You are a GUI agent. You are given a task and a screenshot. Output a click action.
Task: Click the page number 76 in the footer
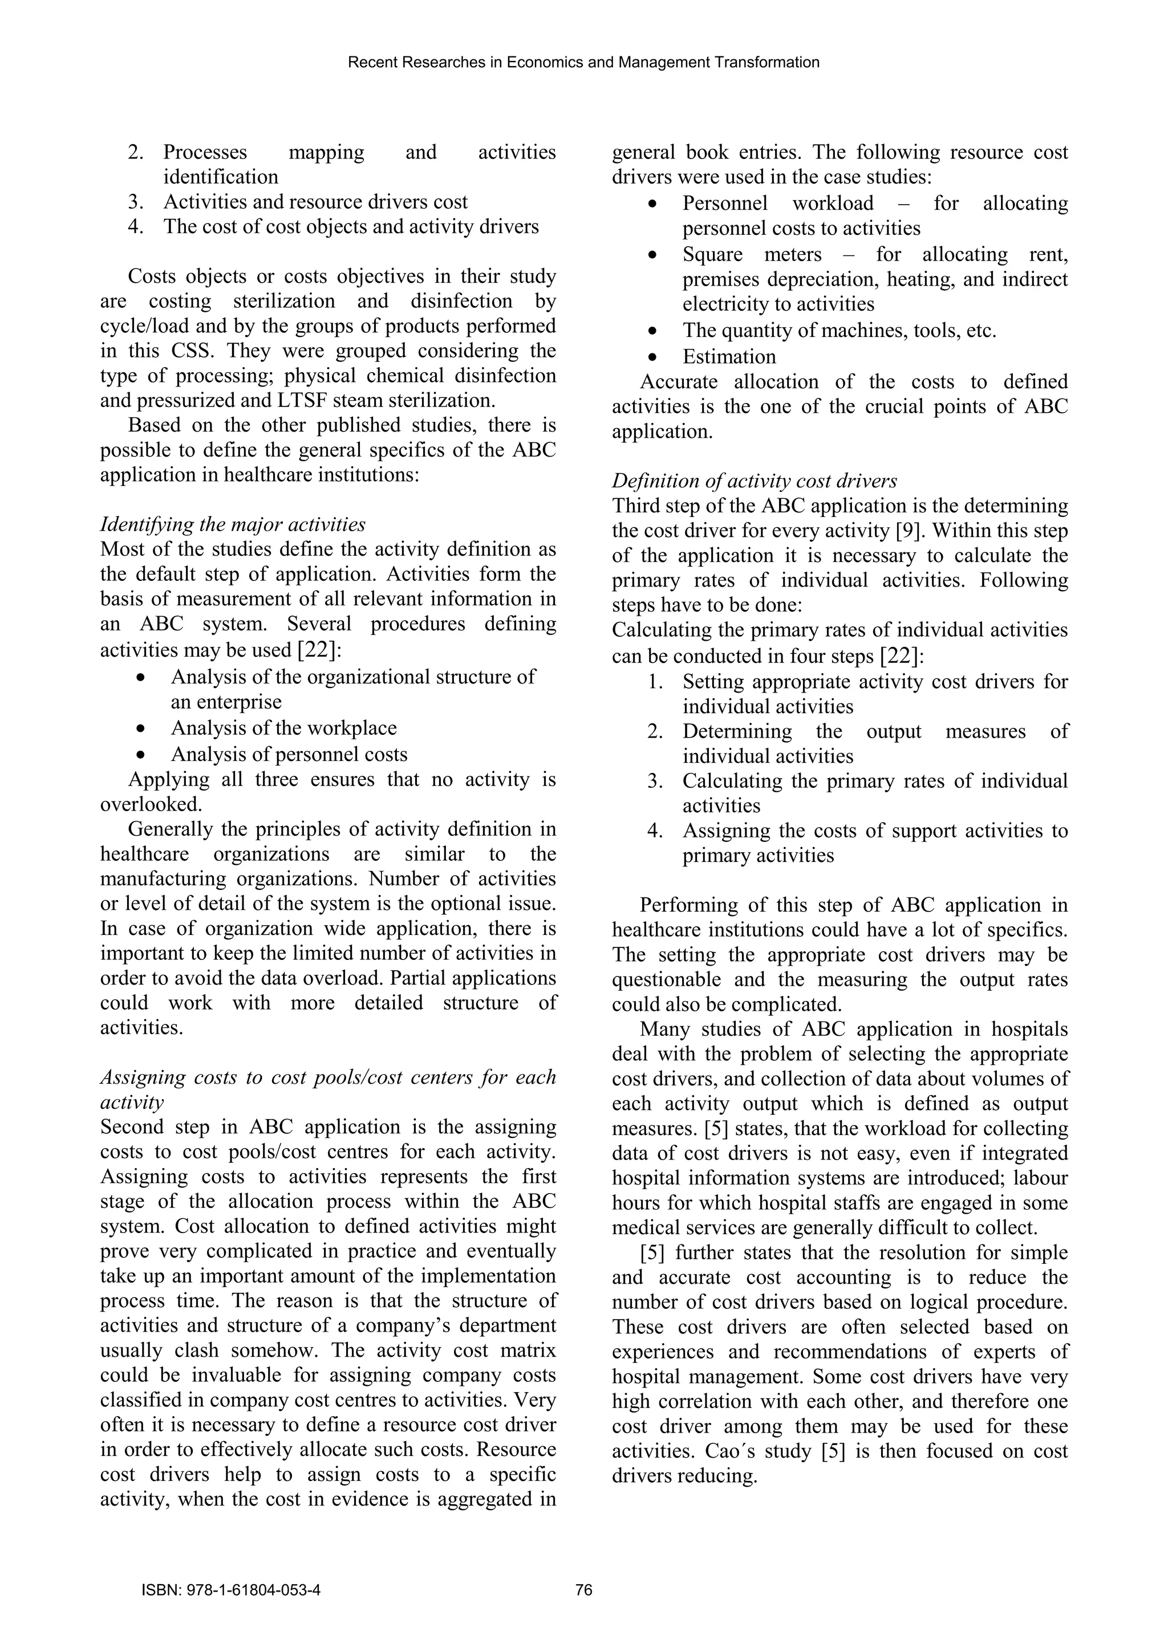(583, 1589)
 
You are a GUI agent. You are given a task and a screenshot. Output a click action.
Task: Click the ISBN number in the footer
(231, 1589)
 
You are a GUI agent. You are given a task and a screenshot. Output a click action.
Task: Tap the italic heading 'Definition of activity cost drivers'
(754, 481)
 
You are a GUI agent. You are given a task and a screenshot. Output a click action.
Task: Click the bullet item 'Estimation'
(729, 357)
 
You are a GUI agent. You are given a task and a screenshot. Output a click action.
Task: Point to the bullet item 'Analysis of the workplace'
(283, 728)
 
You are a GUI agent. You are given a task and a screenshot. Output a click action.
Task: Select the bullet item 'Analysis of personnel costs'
(289, 754)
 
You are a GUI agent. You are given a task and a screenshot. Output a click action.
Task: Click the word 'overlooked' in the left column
(149, 804)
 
